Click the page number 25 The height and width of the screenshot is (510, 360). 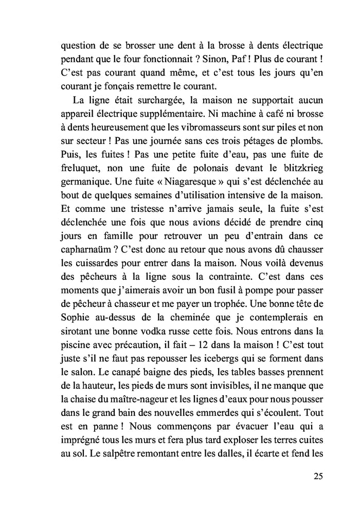click(x=317, y=476)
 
